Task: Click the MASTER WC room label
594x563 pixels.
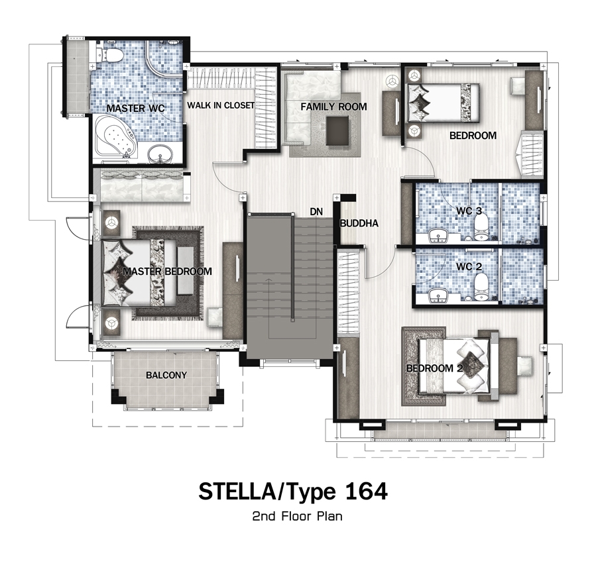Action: [x=135, y=108]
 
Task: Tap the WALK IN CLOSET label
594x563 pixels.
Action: [x=221, y=105]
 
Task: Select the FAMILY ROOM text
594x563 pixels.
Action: [x=333, y=107]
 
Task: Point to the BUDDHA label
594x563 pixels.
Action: [x=359, y=223]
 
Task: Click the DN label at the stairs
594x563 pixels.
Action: [x=316, y=211]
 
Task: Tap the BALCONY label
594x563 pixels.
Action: [x=166, y=375]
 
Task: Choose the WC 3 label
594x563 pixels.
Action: [x=469, y=211]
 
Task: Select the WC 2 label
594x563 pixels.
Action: [x=469, y=266]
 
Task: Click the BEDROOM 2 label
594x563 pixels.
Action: [x=434, y=368]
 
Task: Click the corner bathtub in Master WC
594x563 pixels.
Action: [x=115, y=138]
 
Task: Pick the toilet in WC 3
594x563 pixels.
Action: [x=481, y=229]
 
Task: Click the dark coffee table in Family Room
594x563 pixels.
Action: [x=337, y=130]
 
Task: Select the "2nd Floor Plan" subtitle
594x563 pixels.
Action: [x=298, y=516]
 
